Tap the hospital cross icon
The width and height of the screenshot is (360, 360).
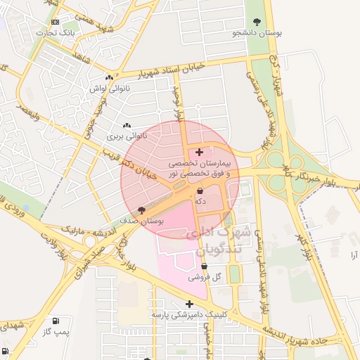[x=200, y=151]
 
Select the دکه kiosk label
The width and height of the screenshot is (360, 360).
[x=200, y=201]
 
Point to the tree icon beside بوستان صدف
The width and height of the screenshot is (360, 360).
[x=141, y=210]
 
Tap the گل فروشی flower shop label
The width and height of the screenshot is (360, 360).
[x=205, y=278]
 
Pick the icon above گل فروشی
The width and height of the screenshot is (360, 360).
[x=205, y=266]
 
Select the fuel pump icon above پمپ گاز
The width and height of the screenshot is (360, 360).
[x=55, y=321]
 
